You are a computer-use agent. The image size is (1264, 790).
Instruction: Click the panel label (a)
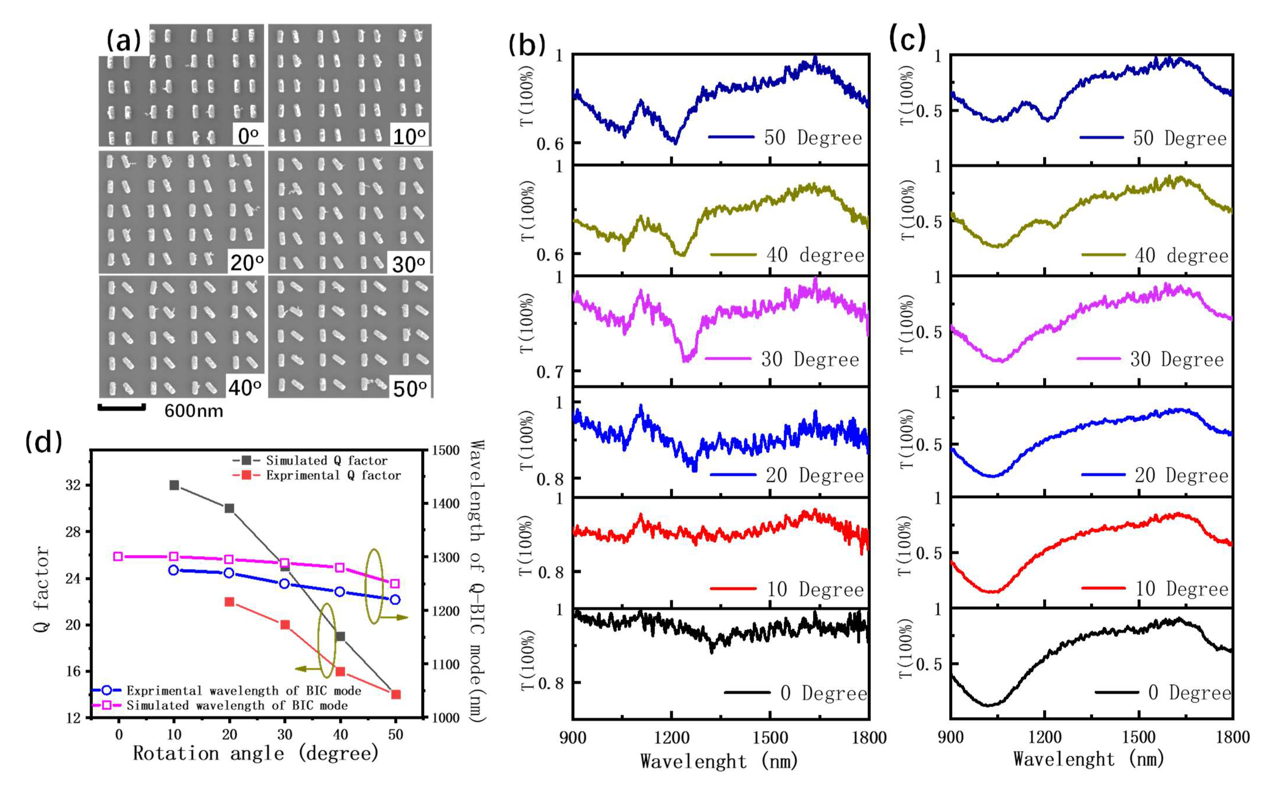[123, 41]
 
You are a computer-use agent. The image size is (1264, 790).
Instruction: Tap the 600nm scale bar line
[121, 407]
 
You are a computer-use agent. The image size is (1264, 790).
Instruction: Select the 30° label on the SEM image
[408, 264]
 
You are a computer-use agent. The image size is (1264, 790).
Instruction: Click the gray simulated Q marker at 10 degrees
[174, 485]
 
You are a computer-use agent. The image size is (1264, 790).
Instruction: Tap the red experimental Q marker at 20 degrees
[229, 602]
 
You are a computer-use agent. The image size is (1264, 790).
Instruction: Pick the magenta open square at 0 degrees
[118, 556]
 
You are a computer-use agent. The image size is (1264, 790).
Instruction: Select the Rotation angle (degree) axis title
[256, 753]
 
